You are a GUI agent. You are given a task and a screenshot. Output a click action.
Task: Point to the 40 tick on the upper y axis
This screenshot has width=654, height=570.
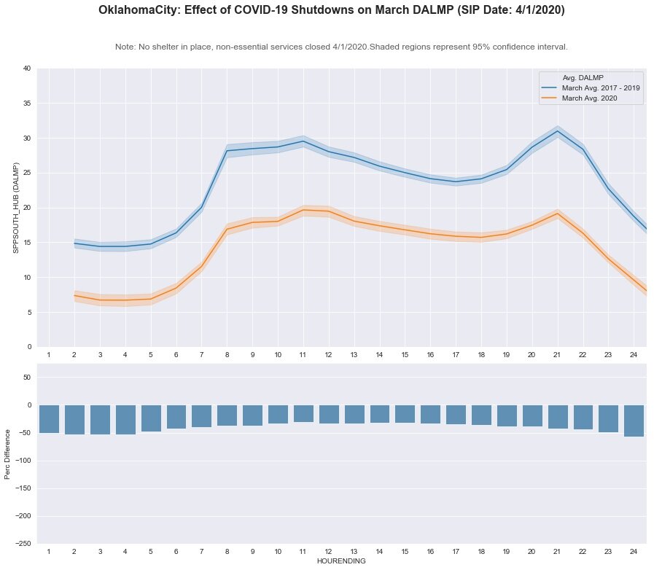(26, 69)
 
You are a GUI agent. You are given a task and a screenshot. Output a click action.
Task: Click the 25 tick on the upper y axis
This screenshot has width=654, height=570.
(26, 173)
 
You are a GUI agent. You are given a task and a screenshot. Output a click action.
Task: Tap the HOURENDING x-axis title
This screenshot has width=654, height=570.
(341, 561)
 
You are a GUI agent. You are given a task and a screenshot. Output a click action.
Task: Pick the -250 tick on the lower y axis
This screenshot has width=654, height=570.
(23, 544)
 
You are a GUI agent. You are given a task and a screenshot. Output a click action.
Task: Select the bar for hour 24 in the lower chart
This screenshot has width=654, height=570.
(634, 421)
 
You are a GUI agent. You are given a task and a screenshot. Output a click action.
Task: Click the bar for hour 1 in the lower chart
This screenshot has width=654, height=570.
(49, 419)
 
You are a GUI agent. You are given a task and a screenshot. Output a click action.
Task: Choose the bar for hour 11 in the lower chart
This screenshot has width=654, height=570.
(303, 414)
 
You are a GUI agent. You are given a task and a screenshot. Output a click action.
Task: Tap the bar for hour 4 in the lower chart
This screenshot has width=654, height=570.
(125, 420)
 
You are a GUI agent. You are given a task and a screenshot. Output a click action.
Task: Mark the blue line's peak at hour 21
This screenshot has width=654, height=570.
(558, 131)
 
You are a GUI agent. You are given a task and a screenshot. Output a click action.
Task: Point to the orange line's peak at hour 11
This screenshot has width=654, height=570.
(303, 210)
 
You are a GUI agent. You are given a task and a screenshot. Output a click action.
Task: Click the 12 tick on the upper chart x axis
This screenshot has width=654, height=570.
(329, 354)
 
